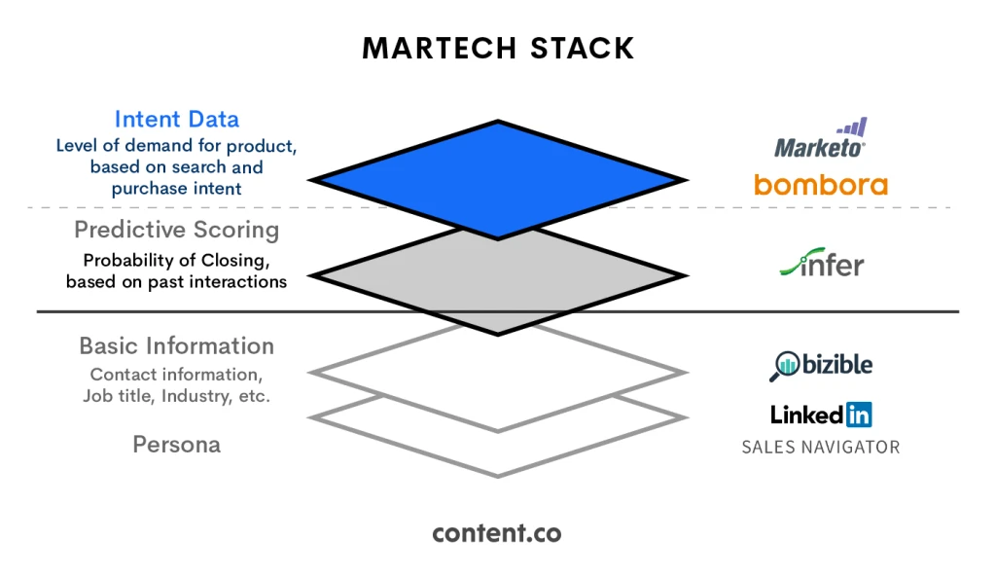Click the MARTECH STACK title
point(498,48)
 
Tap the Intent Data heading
point(176,120)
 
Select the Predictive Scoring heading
point(176,231)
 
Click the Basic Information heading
point(176,346)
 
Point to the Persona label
point(176,445)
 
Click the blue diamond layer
point(498,179)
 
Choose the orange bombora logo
point(820,184)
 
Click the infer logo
point(822,265)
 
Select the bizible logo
point(822,365)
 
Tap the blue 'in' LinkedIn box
point(858,415)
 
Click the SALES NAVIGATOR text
point(820,448)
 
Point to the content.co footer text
point(497,533)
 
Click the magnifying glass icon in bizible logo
point(783,366)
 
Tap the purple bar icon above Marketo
point(853,127)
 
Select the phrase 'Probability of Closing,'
point(176,261)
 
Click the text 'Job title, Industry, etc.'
point(176,396)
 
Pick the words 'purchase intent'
point(176,189)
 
